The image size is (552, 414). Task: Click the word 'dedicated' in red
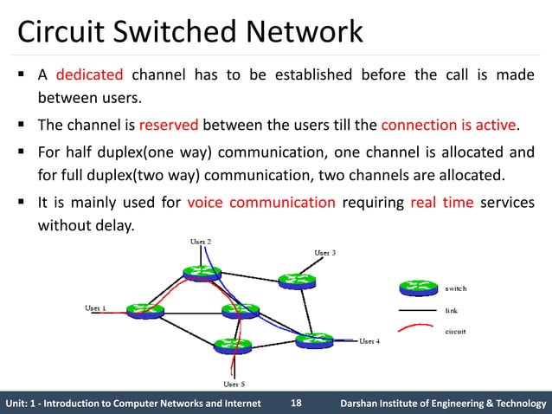coord(90,74)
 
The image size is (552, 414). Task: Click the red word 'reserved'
coord(169,124)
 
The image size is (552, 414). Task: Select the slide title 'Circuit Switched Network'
coord(190,32)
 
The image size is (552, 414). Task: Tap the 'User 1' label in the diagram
coord(94,307)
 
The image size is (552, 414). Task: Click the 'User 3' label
coord(324,252)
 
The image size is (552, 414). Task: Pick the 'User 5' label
coord(234,383)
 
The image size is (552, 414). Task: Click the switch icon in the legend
coord(418,288)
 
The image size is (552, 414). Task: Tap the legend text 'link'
coord(452,309)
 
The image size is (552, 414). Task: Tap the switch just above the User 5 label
coord(232,344)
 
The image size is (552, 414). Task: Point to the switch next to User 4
coord(312,340)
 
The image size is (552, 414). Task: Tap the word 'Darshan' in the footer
coord(363,404)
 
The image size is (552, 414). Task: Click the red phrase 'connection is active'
coord(448,124)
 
